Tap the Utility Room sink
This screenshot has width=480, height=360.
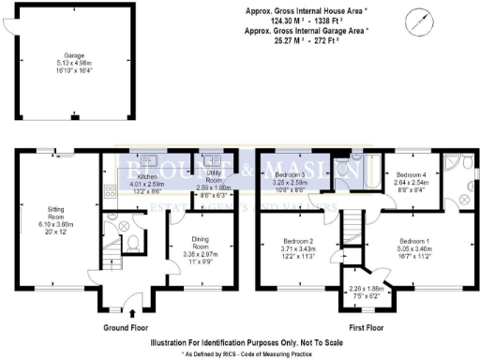(210, 159)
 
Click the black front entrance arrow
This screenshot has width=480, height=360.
(130, 313)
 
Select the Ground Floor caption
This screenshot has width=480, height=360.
(130, 328)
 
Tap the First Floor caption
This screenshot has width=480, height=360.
(367, 328)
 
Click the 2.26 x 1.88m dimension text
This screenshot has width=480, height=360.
(366, 288)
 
